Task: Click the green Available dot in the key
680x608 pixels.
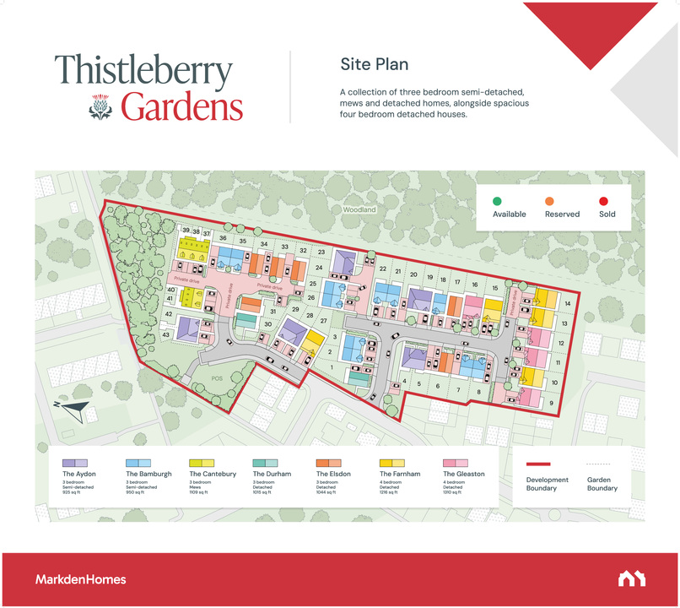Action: (498, 200)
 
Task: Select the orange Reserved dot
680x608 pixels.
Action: (548, 200)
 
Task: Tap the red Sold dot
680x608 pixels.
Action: (603, 200)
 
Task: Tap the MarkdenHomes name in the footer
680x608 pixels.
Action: (81, 579)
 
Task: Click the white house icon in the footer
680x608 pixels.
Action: (631, 579)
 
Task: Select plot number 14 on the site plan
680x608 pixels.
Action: (568, 304)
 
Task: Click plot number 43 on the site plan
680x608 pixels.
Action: (166, 335)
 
